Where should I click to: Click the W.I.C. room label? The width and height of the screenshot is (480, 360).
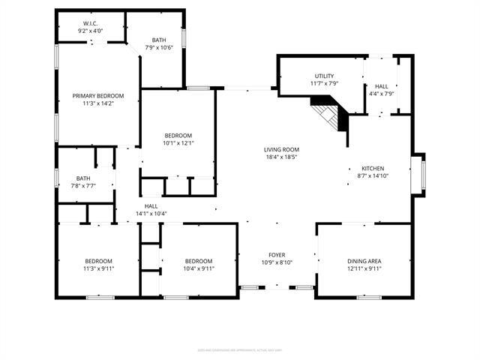[91, 23]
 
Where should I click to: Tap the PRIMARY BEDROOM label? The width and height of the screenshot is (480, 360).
[98, 96]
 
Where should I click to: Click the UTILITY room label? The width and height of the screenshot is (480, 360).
[324, 76]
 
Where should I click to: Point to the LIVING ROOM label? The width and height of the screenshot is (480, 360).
[281, 149]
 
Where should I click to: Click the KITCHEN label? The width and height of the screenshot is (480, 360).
[373, 168]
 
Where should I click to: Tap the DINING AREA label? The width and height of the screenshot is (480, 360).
[364, 260]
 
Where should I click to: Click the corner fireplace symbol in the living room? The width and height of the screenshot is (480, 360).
[331, 115]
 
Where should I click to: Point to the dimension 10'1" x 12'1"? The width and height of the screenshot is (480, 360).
[178, 142]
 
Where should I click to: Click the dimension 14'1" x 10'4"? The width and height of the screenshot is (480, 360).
[151, 214]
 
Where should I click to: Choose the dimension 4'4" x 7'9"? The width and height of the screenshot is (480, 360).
[382, 94]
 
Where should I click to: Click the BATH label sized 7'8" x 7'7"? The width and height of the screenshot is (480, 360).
[62, 178]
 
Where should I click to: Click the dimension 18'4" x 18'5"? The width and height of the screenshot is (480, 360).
[281, 157]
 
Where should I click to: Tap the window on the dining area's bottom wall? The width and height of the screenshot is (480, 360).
[365, 297]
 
